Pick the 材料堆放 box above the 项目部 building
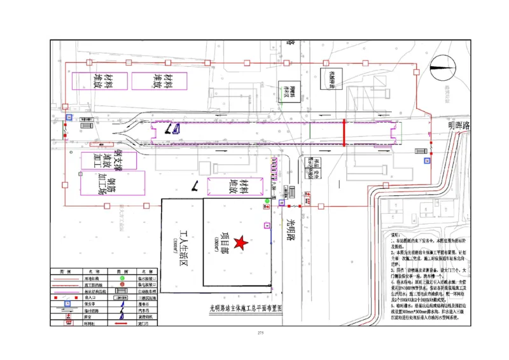pyautogui.click(x=239, y=186)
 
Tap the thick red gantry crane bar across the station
pyautogui.click(x=344, y=132)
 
